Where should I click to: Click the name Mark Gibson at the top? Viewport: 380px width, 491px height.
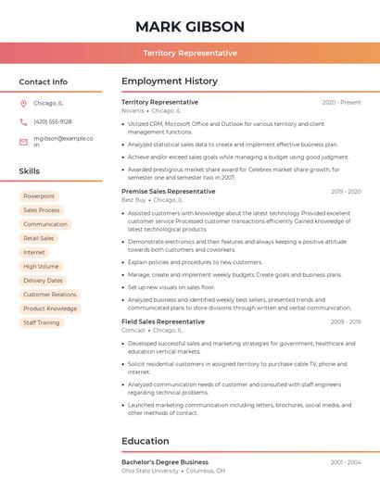[190, 26]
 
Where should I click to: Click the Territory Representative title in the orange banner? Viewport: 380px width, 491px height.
[190, 53]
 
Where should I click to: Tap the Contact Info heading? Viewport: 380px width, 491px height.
[43, 82]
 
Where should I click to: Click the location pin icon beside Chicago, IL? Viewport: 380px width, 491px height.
[23, 103]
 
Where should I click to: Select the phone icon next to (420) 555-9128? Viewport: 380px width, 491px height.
[23, 121]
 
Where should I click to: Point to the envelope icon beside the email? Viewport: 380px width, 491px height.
[23, 142]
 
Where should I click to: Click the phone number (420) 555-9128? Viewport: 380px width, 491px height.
[52, 121]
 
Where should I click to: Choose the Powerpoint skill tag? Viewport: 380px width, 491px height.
[39, 196]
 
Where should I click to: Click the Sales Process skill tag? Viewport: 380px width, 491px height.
[42, 210]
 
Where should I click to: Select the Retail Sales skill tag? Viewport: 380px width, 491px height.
[39, 238]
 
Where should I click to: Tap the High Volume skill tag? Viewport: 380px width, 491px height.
[41, 266]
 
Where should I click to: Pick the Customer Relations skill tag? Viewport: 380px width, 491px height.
[50, 295]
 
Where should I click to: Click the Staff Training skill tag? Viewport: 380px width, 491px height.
[42, 322]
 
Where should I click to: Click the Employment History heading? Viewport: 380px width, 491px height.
[170, 82]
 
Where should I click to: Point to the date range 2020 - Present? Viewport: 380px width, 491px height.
[341, 102]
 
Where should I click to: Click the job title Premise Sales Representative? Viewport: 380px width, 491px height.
[168, 191]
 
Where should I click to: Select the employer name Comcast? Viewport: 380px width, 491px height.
[133, 330]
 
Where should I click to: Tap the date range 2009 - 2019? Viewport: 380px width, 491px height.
[345, 321]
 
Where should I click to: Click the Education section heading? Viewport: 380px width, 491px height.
[146, 441]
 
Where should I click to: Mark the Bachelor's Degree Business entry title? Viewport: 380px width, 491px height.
[165, 461]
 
